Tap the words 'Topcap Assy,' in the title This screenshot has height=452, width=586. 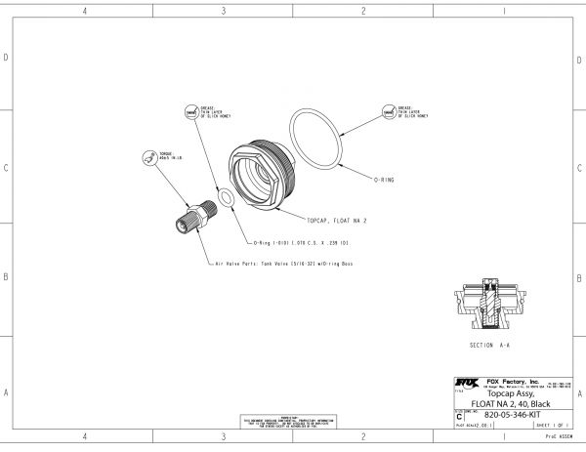click(509, 393)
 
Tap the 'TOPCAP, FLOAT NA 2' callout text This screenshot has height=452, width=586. click(337, 222)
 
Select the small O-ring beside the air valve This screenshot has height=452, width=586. click(225, 198)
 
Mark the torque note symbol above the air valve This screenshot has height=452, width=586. click(148, 157)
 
